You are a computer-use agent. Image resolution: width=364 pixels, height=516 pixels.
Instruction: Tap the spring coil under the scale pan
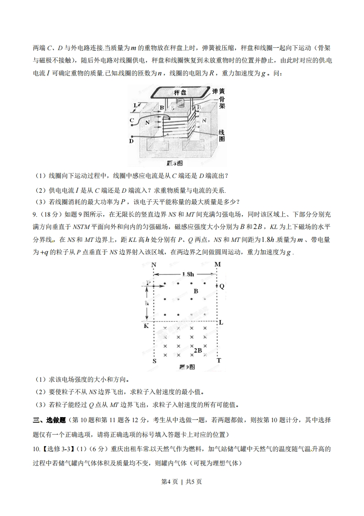click(x=182, y=104)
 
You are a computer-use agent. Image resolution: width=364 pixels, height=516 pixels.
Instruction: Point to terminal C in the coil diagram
click(x=132, y=120)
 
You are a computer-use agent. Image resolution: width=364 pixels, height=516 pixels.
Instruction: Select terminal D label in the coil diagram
click(x=131, y=142)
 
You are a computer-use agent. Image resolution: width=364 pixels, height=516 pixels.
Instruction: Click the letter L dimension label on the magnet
click(x=135, y=105)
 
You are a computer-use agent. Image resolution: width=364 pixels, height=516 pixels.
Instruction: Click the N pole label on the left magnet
click(x=147, y=123)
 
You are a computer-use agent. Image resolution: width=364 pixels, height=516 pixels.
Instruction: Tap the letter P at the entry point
click(x=148, y=282)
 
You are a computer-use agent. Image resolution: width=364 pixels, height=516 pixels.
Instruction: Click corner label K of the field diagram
click(x=146, y=327)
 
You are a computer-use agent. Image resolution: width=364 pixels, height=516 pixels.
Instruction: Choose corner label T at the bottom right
click(x=219, y=361)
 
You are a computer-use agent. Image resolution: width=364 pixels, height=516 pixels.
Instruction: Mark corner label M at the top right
click(x=218, y=264)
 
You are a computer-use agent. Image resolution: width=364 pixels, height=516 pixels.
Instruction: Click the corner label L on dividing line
click(x=220, y=323)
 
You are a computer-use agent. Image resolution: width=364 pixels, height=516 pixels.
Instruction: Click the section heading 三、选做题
click(x=50, y=420)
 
